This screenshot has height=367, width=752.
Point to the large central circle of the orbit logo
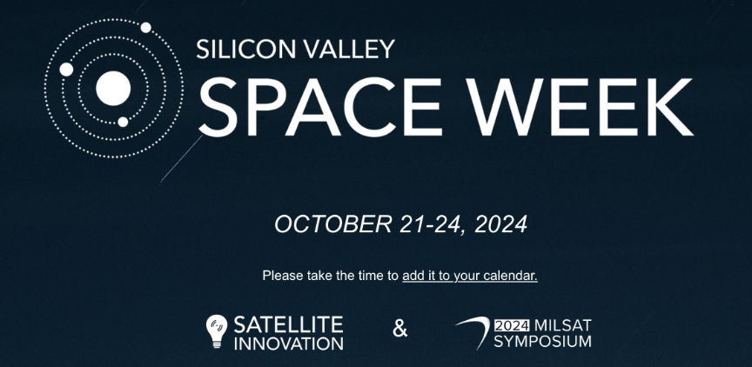pos(113,89)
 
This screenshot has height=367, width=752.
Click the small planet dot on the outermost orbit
pos(146,27)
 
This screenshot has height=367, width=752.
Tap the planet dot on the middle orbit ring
pos(66,70)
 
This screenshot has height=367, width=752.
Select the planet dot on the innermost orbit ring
pos(123,122)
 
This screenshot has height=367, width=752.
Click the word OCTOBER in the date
pos(332,224)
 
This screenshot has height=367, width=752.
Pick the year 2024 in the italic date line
pos(500,224)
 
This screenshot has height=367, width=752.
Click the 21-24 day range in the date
pos(432,224)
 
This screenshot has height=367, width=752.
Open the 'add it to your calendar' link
pos(470,276)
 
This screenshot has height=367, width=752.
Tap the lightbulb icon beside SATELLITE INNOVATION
pos(217,331)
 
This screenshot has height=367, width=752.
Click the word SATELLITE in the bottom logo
pos(288,325)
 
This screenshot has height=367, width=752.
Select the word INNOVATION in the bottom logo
pos(289,344)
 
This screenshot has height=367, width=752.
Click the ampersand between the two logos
pos(400,329)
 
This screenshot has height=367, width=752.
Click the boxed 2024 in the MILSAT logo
pos(512,326)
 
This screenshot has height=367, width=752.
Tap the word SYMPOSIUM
pos(542,342)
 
